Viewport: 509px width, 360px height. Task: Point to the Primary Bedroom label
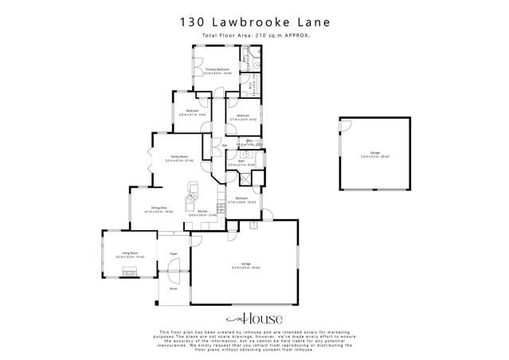[217, 71]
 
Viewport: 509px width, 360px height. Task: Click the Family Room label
[179, 158]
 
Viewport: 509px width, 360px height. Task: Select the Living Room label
[123, 256]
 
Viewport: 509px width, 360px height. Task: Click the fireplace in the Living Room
[129, 272]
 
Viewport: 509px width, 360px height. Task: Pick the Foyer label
[174, 253]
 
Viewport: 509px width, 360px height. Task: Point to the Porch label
[172, 289]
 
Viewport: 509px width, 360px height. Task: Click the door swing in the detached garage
[344, 125]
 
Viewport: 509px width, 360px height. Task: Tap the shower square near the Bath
[244, 180]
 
